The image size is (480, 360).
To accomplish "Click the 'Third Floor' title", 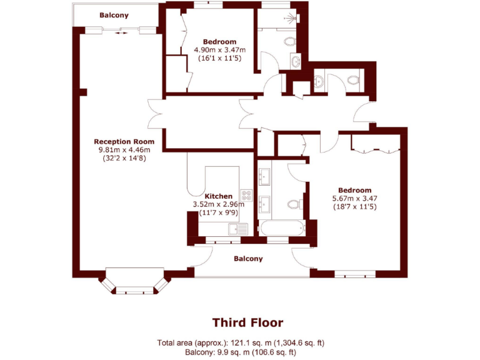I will pyautogui.click(x=247, y=323).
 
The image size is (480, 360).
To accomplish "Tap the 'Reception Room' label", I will pyautogui.click(x=124, y=141).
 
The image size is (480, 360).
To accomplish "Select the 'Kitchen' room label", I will pyautogui.click(x=219, y=196).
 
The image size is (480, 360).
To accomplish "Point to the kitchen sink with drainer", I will pyautogui.click(x=238, y=229).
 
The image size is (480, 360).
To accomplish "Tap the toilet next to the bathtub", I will pyautogui.click(x=294, y=204).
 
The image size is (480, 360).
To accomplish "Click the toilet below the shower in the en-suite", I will pyautogui.click(x=289, y=41).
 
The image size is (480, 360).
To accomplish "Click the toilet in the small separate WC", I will pyautogui.click(x=353, y=80).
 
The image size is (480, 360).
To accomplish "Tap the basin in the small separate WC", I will pyautogui.click(x=319, y=81).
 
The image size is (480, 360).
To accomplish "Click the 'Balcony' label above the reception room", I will pyautogui.click(x=114, y=15).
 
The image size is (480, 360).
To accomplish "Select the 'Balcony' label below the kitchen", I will pyautogui.click(x=248, y=258).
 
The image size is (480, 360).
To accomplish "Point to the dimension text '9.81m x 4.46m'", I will pyautogui.click(x=124, y=150).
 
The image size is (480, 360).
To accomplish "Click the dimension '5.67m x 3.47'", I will pyautogui.click(x=354, y=199).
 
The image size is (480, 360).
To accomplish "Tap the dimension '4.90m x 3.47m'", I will pyautogui.click(x=219, y=50).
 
